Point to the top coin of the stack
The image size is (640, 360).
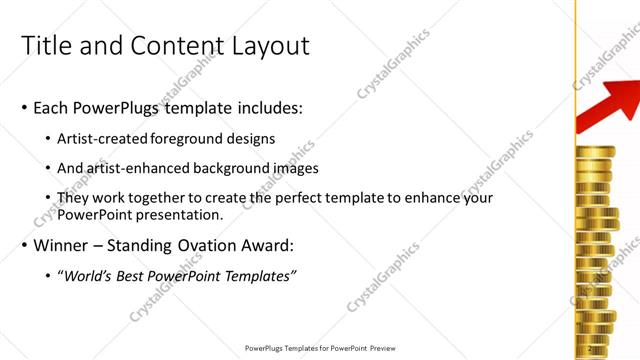[x=597, y=151]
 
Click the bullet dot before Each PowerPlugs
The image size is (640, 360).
[x=24, y=107]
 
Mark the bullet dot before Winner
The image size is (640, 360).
[x=24, y=246]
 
